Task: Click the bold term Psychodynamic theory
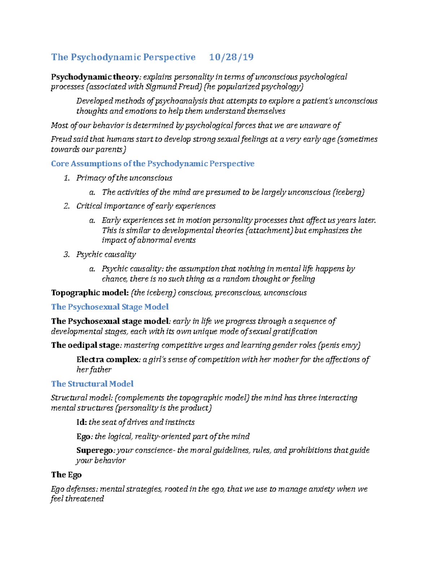click(x=95, y=77)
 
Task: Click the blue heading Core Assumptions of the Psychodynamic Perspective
click(x=153, y=164)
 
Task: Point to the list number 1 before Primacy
click(x=66, y=178)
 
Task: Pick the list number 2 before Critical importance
click(x=66, y=206)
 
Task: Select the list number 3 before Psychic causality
click(x=66, y=255)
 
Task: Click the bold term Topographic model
click(x=89, y=293)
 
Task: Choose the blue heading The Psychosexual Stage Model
click(x=110, y=307)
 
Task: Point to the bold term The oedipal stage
click(x=85, y=345)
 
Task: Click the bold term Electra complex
click(x=108, y=359)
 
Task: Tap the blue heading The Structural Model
click(x=92, y=384)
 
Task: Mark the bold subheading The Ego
click(x=66, y=475)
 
